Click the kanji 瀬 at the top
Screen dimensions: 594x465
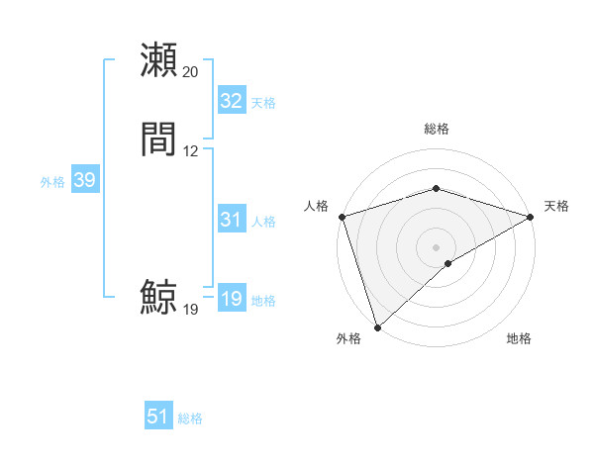coord(159,59)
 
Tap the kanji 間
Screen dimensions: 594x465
coord(159,139)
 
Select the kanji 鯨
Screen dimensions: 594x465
coord(159,297)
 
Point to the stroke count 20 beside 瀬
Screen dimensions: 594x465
coord(191,72)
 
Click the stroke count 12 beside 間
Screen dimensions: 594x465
coord(191,151)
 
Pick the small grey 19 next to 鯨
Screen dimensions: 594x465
coord(191,310)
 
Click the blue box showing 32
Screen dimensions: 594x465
coord(232,101)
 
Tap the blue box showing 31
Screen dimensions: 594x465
coord(232,220)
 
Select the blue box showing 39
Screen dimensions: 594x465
coord(84,180)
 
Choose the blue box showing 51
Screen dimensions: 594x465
coord(158,417)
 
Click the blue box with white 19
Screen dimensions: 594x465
coord(232,299)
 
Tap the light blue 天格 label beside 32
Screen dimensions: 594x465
coord(263,103)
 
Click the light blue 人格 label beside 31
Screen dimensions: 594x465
coord(263,222)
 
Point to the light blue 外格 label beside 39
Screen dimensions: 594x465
coord(52,182)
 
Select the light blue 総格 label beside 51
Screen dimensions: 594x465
coord(190,418)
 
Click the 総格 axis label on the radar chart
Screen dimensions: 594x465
coord(437,129)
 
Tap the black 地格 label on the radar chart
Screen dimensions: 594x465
coord(519,339)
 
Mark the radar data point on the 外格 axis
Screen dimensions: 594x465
coord(377,326)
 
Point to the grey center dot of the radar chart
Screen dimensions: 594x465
coord(437,246)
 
